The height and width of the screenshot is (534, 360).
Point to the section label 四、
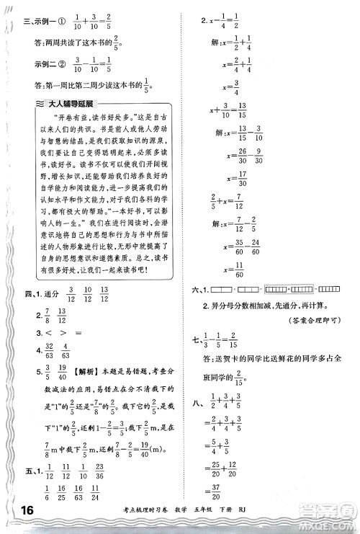(28, 295)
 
